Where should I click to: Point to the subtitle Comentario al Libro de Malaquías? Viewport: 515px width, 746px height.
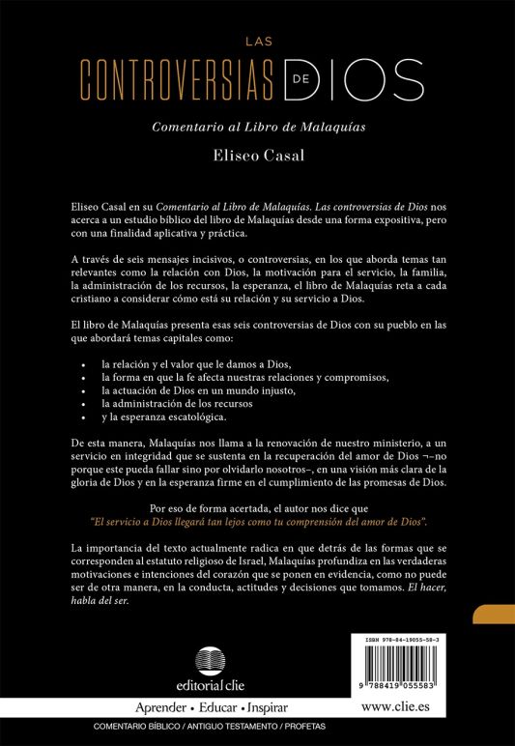(257, 126)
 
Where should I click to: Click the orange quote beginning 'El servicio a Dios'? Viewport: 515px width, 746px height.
(257, 521)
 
